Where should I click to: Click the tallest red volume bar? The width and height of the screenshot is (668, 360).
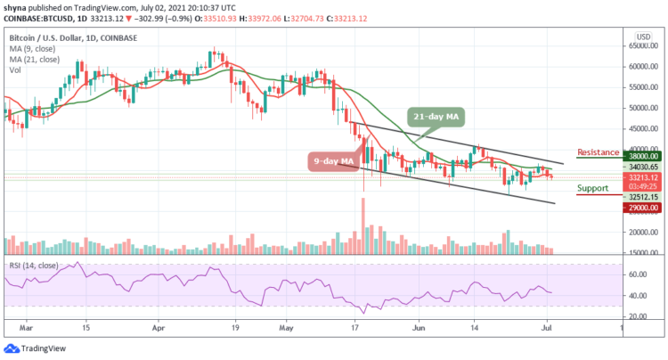click(x=363, y=226)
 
